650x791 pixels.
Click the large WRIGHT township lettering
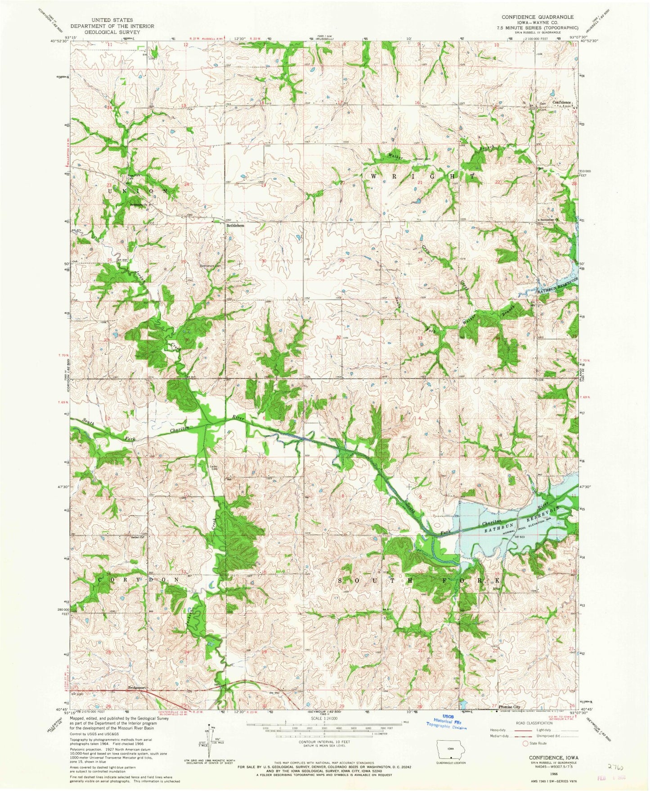coord(421,176)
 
